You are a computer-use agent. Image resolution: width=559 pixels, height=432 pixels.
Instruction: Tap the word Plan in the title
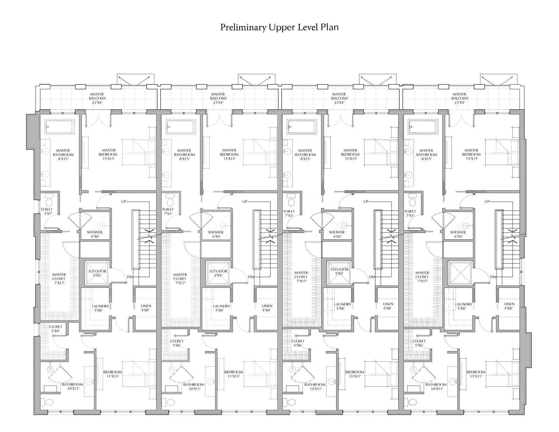(x=330, y=28)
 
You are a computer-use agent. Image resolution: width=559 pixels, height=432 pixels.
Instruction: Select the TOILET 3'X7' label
(x=46, y=211)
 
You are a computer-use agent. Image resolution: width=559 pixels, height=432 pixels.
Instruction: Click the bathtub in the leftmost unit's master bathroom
(x=59, y=127)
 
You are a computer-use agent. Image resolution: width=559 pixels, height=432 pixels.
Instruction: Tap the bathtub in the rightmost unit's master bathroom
(x=423, y=127)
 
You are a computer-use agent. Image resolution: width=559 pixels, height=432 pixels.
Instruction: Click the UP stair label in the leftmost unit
(x=124, y=201)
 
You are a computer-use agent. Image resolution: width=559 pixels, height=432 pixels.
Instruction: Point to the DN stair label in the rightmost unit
(x=493, y=277)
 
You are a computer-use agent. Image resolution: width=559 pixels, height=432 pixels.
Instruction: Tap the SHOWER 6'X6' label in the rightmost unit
(x=458, y=234)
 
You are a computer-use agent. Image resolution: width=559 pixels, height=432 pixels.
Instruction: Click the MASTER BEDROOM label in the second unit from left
(x=229, y=154)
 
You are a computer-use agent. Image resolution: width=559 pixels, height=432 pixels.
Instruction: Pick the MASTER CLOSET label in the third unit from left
(x=301, y=277)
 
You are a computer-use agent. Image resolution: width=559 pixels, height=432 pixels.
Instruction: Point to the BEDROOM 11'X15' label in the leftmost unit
(x=112, y=374)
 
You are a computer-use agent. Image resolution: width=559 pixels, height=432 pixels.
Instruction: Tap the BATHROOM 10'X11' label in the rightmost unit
(x=437, y=386)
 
